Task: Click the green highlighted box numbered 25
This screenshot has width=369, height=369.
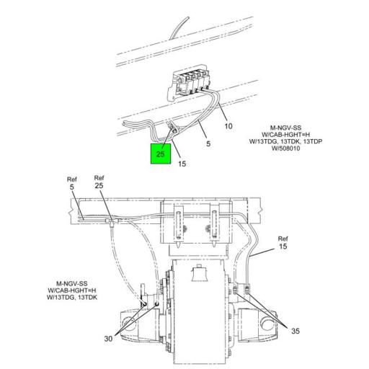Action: [x=160, y=154]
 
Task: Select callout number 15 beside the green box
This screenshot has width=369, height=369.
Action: [x=182, y=164]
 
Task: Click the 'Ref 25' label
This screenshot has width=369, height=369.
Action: [x=99, y=182]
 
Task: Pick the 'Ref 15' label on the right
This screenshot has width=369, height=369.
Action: [x=283, y=243]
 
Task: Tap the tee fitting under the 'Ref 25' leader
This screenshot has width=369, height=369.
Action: [x=107, y=217]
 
